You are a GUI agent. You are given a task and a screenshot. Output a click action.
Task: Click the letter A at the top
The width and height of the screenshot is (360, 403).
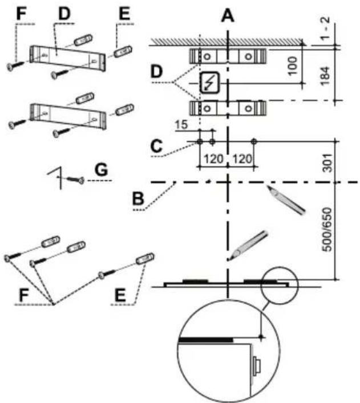[228, 16]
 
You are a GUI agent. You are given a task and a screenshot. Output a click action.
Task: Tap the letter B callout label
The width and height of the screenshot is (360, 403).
[137, 198]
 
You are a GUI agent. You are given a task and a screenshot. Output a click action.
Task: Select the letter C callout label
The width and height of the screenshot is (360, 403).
[156, 146]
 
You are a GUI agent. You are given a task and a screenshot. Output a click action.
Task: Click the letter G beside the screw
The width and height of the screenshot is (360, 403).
[101, 170]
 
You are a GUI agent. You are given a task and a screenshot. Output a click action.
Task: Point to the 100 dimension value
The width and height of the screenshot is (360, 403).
[293, 66]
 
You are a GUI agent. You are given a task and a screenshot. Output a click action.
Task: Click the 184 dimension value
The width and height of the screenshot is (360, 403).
[325, 76]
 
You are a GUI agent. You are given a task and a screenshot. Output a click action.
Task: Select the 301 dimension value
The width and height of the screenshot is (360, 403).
[327, 163]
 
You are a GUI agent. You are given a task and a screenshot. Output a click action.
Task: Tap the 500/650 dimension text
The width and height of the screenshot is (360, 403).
[327, 230]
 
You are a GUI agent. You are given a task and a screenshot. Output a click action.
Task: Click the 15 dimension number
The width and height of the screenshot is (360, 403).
[181, 125]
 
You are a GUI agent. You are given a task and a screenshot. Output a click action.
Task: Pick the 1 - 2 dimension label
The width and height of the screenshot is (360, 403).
[325, 28]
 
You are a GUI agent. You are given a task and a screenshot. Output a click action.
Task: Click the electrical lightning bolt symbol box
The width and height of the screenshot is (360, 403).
[210, 83]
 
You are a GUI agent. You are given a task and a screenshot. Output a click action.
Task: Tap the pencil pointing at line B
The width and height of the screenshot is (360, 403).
[286, 200]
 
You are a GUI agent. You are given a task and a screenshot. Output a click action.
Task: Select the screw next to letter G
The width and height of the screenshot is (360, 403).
[75, 180]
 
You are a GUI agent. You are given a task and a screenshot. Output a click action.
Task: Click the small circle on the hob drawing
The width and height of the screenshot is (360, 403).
[280, 286]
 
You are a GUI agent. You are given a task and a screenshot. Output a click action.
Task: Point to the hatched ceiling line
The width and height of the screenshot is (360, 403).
[227, 42]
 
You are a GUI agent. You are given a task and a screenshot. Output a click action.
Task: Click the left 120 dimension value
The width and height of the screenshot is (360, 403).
[213, 159]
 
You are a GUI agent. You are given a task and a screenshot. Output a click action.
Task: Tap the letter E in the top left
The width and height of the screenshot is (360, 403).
[124, 13]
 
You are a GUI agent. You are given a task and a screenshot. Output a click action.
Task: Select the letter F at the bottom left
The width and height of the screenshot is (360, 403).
[23, 295]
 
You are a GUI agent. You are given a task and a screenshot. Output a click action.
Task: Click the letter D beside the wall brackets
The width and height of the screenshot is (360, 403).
[157, 72]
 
